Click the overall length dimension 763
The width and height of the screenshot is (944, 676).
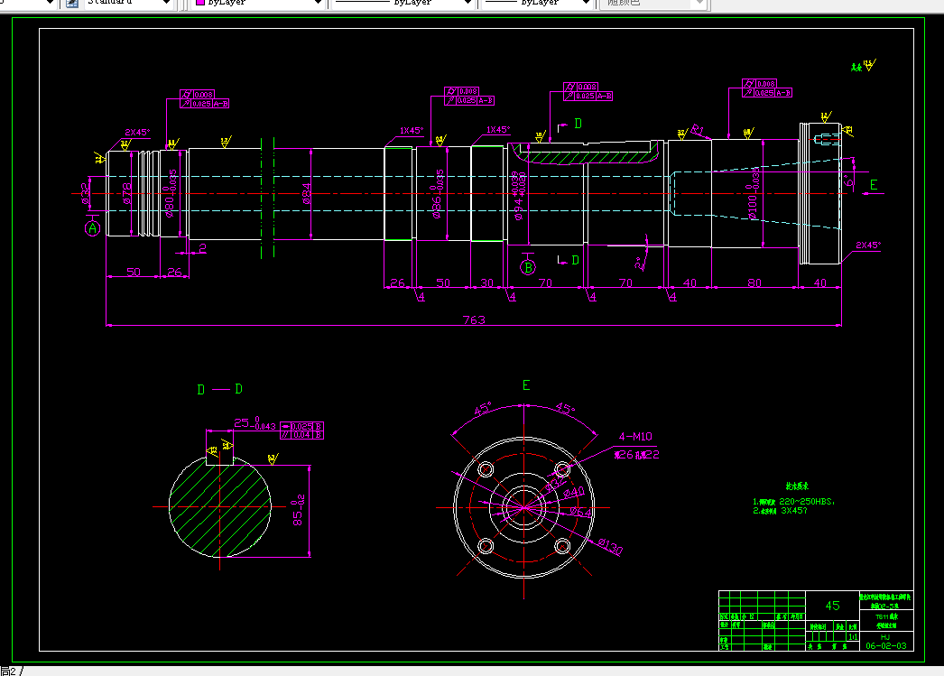pos(474,319)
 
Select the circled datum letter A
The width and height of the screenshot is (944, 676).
pos(92,229)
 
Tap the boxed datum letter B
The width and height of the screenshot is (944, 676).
pos(528,266)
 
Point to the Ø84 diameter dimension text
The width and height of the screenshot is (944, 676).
pos(307,194)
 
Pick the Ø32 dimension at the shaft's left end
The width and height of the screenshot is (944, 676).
pos(85,193)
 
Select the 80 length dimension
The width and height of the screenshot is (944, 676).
pos(754,282)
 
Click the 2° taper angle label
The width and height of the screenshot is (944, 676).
pos(640,264)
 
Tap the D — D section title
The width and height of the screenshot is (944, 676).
pos(219,389)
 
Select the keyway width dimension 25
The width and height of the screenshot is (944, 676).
pos(242,421)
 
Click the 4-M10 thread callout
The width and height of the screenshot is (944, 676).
pos(634,436)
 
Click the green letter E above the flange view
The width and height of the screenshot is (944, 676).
pos(526,385)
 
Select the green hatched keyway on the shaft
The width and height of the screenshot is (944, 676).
pos(587,155)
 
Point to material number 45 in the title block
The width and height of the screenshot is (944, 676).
pos(832,606)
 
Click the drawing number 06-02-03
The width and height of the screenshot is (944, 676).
pos(888,646)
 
